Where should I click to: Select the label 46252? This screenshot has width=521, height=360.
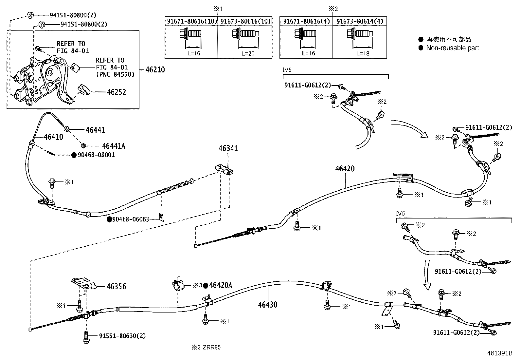click(116, 92)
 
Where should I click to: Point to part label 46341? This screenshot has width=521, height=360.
click(228, 148)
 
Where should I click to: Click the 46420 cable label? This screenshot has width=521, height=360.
click(345, 169)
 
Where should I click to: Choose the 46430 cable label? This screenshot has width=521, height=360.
click(267, 305)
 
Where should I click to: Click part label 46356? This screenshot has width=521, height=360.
click(116, 287)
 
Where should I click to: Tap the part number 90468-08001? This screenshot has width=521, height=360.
click(96, 155)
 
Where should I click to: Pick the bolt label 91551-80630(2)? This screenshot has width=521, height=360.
click(122, 336)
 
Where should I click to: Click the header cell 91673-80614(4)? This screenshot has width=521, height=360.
click(359, 21)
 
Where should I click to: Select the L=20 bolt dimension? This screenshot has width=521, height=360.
click(248, 53)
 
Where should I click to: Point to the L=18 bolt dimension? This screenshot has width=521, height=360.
click(363, 53)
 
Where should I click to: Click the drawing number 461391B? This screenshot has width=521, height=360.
click(499, 353)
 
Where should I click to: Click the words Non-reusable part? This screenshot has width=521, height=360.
click(452, 48)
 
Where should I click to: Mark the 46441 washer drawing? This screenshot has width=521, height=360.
click(66, 128)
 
